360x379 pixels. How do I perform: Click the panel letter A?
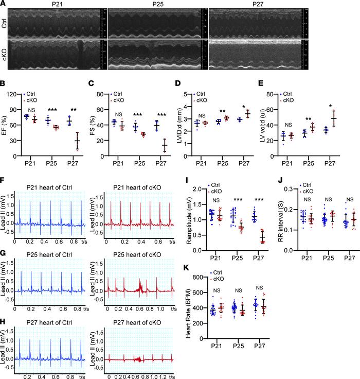click(x=4, y=4)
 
